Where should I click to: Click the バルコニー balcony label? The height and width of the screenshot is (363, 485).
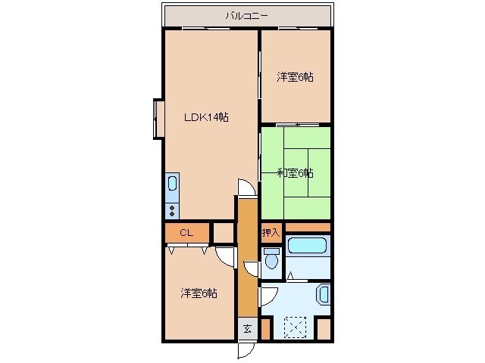(247, 15)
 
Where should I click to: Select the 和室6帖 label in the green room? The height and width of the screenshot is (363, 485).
(295, 173)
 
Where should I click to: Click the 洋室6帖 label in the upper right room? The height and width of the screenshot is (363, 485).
(295, 76)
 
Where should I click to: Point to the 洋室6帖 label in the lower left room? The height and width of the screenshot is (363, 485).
(199, 293)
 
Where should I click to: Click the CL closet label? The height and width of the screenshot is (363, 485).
(186, 232)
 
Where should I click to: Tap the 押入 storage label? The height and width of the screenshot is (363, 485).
(271, 232)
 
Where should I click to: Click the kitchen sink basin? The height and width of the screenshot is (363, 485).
(172, 184)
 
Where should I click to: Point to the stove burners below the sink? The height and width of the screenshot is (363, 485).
(172, 209)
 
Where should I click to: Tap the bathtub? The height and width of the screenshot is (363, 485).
(308, 246)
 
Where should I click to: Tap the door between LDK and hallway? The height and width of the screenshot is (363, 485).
(246, 188)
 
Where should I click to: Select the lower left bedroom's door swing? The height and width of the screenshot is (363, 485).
(225, 257)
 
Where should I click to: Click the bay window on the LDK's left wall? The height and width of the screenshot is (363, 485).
(158, 118)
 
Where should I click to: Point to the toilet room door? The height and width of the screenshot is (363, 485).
(252, 268)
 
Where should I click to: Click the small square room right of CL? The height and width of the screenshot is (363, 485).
(224, 232)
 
